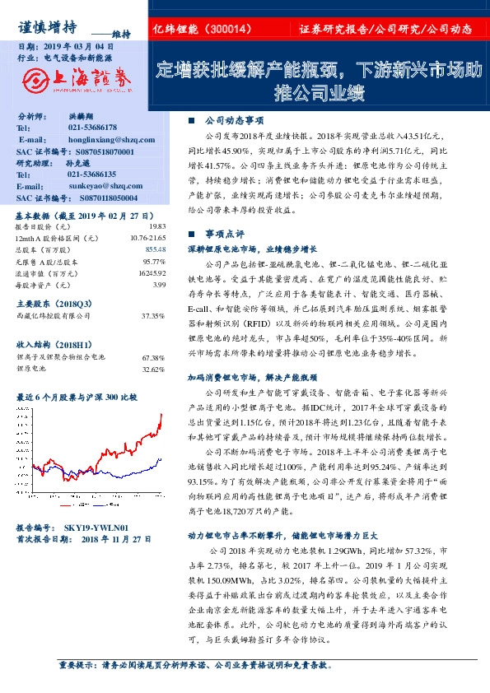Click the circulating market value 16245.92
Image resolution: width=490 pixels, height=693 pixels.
(x=152, y=272)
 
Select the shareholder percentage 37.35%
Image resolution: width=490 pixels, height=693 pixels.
(x=153, y=314)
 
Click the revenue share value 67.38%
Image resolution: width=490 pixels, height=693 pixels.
(x=153, y=358)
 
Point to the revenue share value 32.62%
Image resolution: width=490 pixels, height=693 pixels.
(x=153, y=370)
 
